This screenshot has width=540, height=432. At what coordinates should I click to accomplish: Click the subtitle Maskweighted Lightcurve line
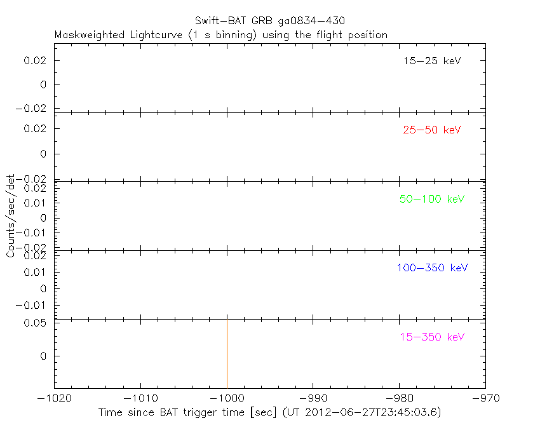point(221,35)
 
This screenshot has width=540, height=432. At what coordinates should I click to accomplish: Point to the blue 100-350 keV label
point(432,267)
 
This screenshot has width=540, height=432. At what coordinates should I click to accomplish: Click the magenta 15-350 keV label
point(432,337)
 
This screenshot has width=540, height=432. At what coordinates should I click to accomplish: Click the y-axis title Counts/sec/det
point(10,216)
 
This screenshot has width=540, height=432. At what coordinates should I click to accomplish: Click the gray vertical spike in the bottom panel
point(227,353)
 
